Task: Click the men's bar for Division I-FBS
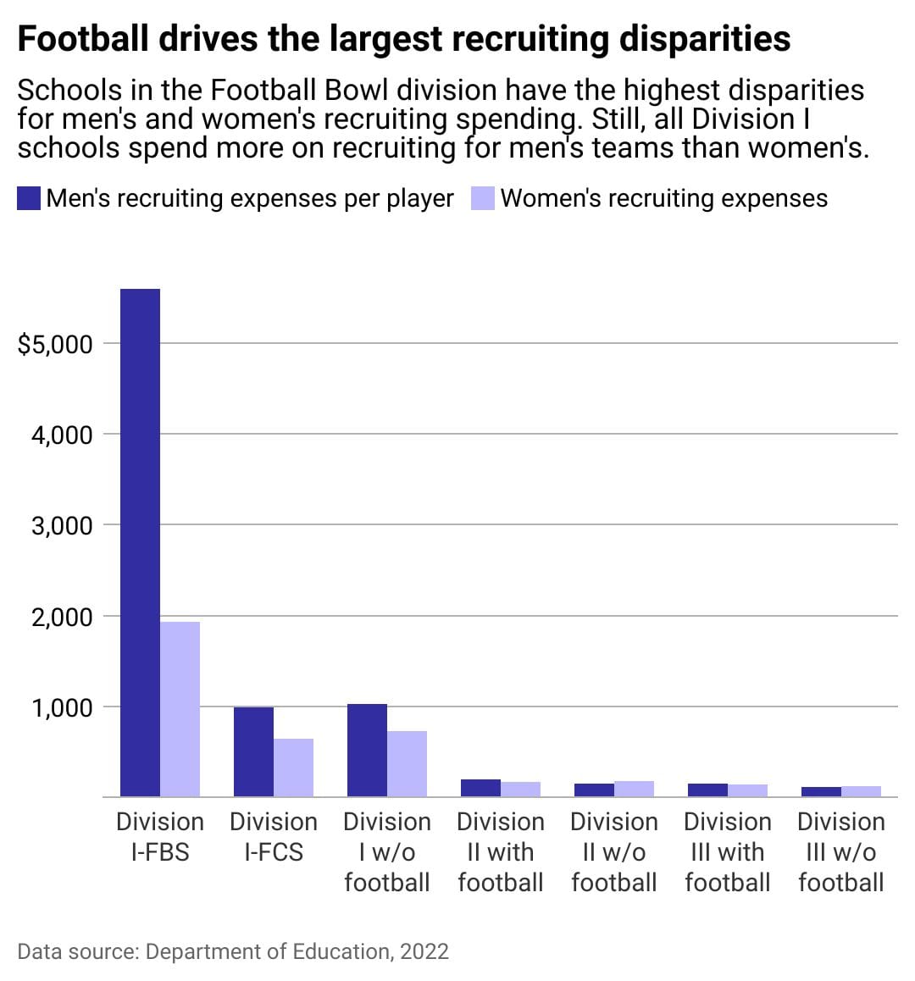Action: pyautogui.click(x=140, y=542)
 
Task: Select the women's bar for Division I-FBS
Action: pyautogui.click(x=180, y=709)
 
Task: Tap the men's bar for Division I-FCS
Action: pyautogui.click(x=253, y=751)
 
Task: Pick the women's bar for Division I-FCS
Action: pyautogui.click(x=293, y=768)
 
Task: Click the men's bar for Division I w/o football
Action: pyautogui.click(x=367, y=750)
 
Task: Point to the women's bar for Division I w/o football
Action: pyautogui.click(x=407, y=763)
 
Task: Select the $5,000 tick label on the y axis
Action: pyautogui.click(x=54, y=344)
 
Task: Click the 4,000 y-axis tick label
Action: pyautogui.click(x=60, y=435)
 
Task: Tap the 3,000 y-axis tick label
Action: pyautogui.click(x=60, y=525)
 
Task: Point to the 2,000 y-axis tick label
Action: pyautogui.click(x=60, y=617)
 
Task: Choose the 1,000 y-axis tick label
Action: pyautogui.click(x=60, y=707)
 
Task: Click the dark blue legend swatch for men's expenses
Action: pyautogui.click(x=29, y=198)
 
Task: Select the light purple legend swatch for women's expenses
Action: pyautogui.click(x=482, y=198)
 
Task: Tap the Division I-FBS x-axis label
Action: pyautogui.click(x=160, y=837)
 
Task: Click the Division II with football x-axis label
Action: pyautogui.click(x=501, y=852)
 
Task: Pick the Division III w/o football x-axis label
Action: pyautogui.click(x=841, y=852)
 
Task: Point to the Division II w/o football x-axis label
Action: pyautogui.click(x=614, y=852)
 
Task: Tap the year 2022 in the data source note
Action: pyautogui.click(x=424, y=951)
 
